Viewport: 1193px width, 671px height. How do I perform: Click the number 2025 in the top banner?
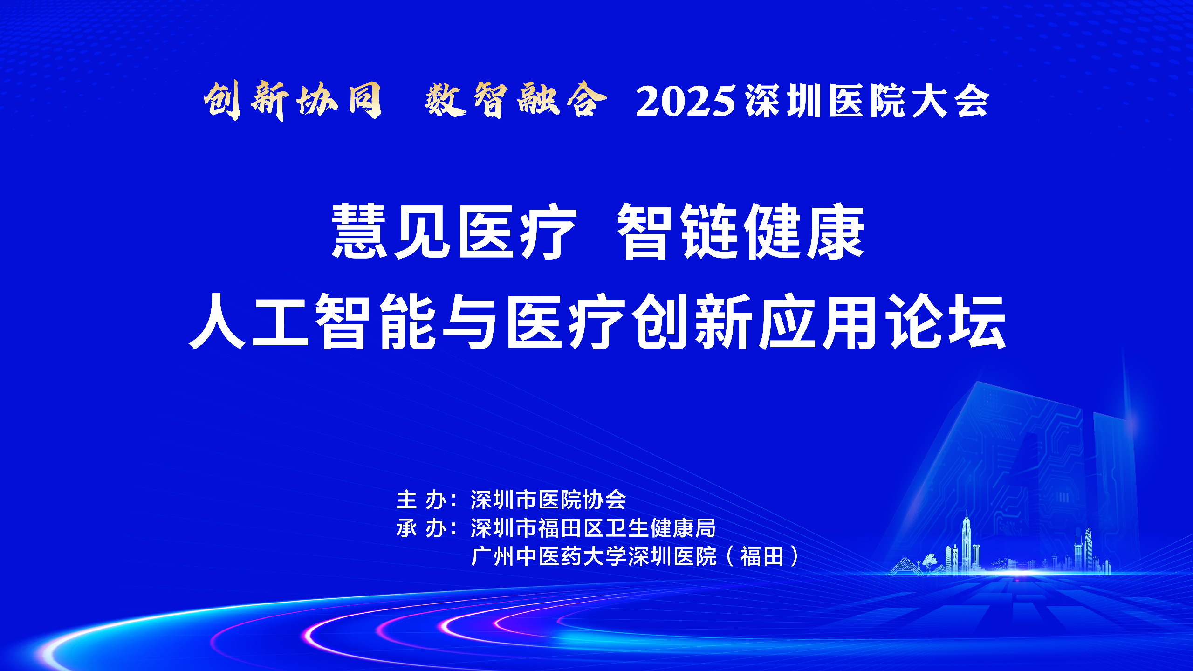click(x=686, y=101)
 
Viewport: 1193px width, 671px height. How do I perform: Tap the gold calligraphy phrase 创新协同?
click(x=293, y=100)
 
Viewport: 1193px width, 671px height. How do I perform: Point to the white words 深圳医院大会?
click(x=867, y=101)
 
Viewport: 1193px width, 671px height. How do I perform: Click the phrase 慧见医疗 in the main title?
click(x=454, y=231)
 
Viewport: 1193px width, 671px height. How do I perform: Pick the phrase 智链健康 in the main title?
click(x=741, y=231)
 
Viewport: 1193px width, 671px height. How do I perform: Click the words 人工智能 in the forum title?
click(x=312, y=322)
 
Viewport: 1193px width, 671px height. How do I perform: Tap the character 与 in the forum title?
click(x=469, y=322)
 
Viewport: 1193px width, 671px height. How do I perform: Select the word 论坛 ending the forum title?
click(x=946, y=322)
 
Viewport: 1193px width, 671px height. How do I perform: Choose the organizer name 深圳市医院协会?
click(x=549, y=500)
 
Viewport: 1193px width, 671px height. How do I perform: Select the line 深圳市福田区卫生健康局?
click(x=593, y=528)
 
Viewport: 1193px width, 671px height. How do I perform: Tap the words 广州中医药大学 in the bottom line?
click(x=549, y=556)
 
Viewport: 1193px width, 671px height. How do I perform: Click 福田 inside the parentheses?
click(x=762, y=556)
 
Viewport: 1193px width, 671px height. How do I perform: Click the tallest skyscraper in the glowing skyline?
click(x=967, y=541)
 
